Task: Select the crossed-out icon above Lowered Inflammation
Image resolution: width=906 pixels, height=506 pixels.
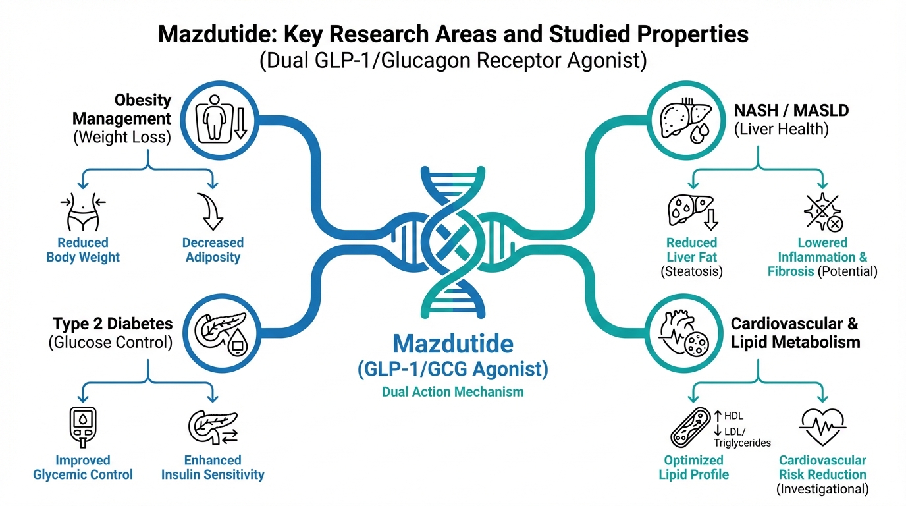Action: pyautogui.click(x=822, y=211)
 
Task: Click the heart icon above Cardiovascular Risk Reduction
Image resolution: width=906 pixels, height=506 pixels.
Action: pyautogui.click(x=822, y=427)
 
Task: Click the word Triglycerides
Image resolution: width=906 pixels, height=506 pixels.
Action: pyautogui.click(x=742, y=443)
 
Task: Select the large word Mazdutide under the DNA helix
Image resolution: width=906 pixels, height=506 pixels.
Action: pyautogui.click(x=452, y=344)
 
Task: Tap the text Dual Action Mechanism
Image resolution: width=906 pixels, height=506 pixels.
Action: pyautogui.click(x=452, y=392)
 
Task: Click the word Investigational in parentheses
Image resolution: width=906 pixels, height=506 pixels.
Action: pyautogui.click(x=822, y=489)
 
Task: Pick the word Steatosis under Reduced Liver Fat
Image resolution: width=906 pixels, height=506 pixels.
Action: pyautogui.click(x=691, y=271)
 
